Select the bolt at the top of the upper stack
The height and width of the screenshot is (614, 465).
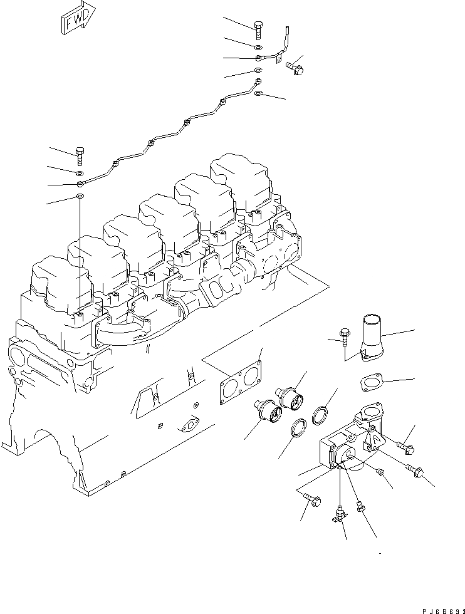pos(258,29)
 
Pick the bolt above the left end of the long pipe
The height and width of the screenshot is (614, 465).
pos(80,155)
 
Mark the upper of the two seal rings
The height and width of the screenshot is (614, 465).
pos(321,414)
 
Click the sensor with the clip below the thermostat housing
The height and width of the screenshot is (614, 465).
pos(339,514)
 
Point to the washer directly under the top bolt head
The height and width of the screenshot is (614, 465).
pos(258,47)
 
